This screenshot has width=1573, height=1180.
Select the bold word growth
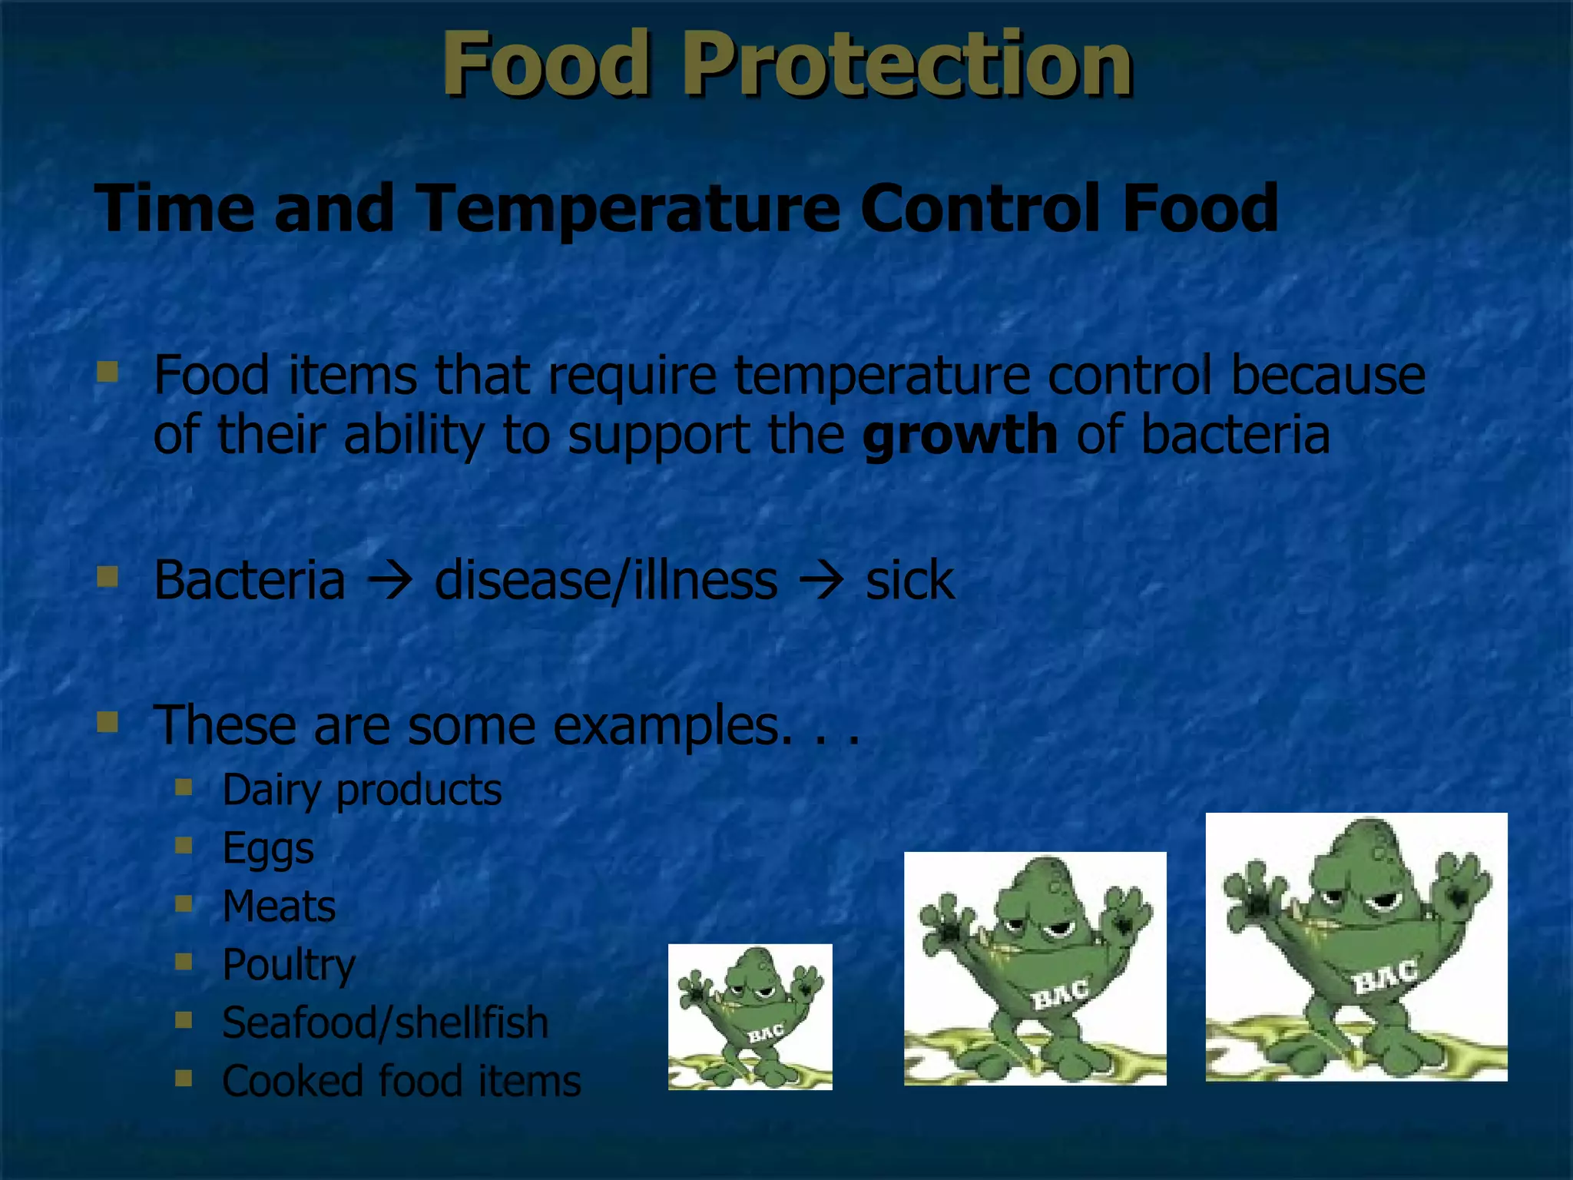pos(959,435)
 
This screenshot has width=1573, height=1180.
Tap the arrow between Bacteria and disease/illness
pos(389,581)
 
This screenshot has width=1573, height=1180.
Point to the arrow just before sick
pos(821,581)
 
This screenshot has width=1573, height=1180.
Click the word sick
pos(909,581)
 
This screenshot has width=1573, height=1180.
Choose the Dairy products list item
pos(361,790)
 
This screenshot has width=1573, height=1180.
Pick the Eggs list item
pos(268,848)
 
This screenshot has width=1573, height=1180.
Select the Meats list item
pos(279,907)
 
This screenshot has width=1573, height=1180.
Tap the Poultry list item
pos(289,965)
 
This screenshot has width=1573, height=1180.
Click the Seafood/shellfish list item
pos(385,1023)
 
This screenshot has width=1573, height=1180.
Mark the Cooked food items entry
pos(401,1081)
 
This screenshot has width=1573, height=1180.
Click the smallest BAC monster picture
pos(750,1016)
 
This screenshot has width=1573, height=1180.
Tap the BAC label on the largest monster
pos(1383,977)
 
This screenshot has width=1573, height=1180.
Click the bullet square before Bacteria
pos(108,576)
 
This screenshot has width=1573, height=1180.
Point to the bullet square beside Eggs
pos(184,845)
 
